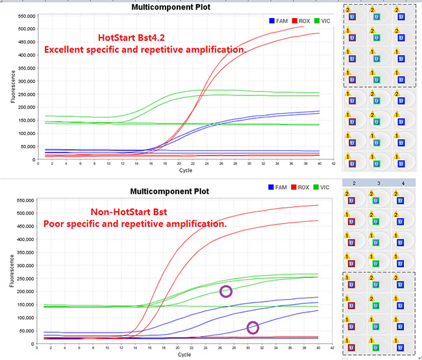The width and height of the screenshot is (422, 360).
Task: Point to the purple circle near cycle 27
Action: click(x=226, y=291)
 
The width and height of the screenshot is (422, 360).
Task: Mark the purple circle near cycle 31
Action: click(x=253, y=328)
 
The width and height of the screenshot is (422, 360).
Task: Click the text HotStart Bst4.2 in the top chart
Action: click(x=137, y=38)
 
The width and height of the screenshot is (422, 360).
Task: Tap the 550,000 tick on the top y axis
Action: click(x=23, y=16)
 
